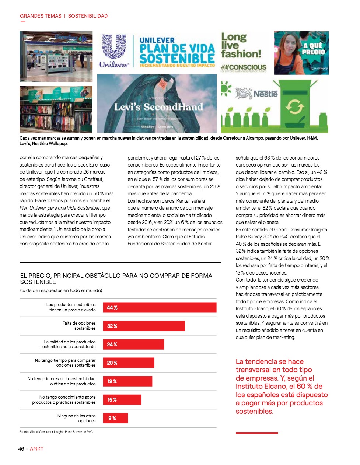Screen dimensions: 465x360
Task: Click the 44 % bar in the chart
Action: [159, 308]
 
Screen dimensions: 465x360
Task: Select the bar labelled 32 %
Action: [144, 326]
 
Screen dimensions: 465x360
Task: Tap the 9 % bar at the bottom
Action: [115, 418]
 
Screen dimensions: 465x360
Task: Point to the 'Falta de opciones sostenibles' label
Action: [79, 326]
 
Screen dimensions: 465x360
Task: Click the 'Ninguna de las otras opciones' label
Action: [76, 418]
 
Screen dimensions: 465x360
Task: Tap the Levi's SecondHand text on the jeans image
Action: [158, 107]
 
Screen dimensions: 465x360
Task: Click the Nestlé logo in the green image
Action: [256, 94]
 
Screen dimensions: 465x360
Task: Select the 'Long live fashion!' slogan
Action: [240, 46]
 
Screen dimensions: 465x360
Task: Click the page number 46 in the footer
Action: [21, 449]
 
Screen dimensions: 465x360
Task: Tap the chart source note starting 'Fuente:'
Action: [56, 432]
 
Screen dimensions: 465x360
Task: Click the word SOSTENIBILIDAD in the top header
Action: [88, 16]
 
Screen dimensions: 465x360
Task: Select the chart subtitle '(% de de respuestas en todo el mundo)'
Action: [61, 291]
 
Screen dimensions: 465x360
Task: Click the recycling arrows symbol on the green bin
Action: [294, 107]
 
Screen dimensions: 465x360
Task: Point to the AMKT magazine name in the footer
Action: [37, 449]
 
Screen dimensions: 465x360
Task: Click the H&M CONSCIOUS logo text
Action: [243, 67]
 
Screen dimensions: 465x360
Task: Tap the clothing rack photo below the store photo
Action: [56, 109]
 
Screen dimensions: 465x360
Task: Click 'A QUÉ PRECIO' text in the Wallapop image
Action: [313, 49]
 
